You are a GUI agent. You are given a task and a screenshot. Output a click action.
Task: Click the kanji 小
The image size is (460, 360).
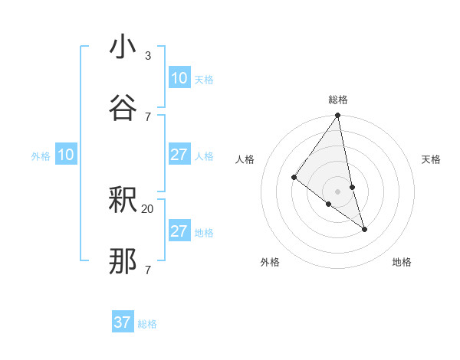123,48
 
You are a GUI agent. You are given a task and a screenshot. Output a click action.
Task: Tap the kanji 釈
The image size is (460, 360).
123,201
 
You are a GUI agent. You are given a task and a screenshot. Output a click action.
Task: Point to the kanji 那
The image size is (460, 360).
123,261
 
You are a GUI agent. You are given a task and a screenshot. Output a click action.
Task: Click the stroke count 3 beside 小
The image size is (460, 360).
148,56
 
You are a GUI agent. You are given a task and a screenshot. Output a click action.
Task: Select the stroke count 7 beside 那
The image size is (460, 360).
148,269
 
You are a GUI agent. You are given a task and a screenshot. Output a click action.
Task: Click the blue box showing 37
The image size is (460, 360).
123,322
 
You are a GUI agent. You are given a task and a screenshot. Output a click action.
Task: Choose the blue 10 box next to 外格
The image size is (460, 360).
66,155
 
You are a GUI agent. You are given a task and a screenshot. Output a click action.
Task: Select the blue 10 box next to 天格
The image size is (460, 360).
179,78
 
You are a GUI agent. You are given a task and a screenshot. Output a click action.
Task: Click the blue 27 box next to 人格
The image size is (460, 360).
179,155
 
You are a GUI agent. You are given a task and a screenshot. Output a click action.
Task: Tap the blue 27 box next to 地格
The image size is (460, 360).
179,231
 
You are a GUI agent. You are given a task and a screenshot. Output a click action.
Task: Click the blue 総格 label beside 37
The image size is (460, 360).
147,324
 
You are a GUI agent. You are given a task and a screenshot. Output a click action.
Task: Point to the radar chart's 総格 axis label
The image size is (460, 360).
338,100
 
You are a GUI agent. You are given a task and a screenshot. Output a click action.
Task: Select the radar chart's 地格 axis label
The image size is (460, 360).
402,262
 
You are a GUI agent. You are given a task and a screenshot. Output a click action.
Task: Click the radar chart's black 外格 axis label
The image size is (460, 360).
270,262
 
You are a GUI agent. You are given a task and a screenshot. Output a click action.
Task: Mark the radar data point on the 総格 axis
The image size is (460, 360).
338,116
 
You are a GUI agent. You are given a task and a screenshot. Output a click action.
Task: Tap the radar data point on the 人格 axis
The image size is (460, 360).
294,177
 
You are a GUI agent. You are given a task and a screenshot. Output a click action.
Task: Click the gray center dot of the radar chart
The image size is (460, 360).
338,191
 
